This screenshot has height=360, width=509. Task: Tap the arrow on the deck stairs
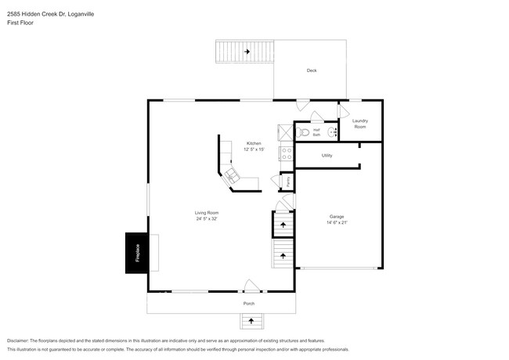click(x=247, y=52)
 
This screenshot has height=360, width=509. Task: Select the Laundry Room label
click(x=360, y=123)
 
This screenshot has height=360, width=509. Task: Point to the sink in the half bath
click(x=331, y=132)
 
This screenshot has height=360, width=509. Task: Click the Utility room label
click(x=327, y=156)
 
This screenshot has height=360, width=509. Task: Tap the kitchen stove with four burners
click(x=286, y=153)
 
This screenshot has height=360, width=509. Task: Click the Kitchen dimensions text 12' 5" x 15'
click(x=254, y=149)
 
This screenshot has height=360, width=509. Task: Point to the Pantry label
click(x=287, y=182)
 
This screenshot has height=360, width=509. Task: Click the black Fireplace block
click(x=136, y=253)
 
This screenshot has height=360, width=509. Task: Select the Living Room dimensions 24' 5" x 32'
click(x=207, y=219)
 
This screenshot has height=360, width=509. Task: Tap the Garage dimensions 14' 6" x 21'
click(x=337, y=222)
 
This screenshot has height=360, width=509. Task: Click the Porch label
click(x=248, y=303)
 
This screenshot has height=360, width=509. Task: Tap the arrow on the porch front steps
click(x=251, y=319)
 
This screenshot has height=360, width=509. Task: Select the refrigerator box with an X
click(x=285, y=131)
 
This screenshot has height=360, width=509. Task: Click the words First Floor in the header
click(x=20, y=23)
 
